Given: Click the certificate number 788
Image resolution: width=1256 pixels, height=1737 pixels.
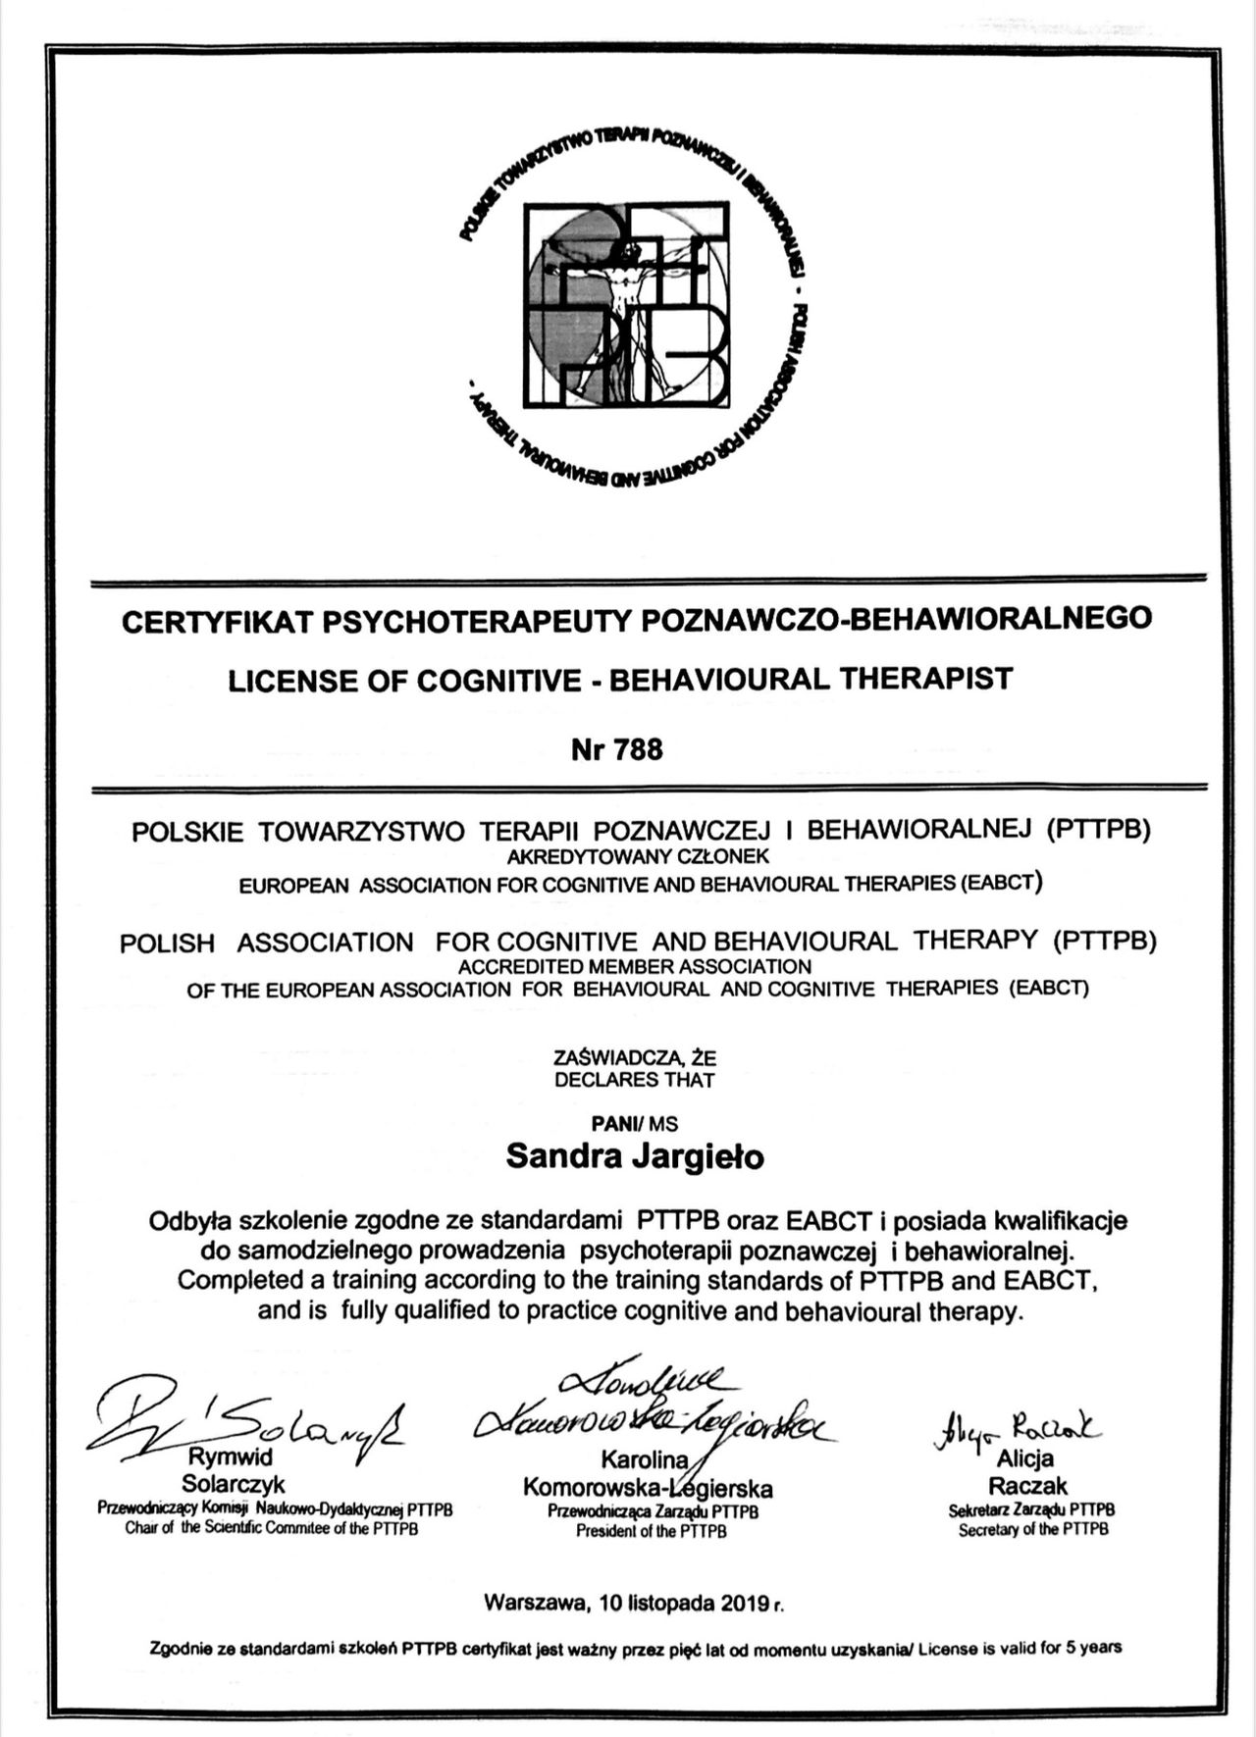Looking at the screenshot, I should [638, 749].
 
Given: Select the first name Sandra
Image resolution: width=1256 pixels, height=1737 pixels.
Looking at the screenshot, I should [552, 1157].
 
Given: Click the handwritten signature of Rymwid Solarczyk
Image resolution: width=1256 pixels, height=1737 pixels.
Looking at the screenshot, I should [245, 1418].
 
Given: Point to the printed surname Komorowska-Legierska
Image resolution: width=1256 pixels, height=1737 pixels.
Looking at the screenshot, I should [648, 1488].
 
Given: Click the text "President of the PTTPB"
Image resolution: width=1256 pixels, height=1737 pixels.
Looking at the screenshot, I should [652, 1531].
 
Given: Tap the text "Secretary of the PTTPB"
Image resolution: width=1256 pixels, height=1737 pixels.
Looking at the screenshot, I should [1033, 1529].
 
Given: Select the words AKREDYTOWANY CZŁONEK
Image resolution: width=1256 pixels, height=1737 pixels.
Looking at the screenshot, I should [638, 857].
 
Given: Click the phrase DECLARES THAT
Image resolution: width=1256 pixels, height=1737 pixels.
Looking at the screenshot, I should [635, 1080].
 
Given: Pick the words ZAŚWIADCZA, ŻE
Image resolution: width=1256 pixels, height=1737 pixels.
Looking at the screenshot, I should [635, 1059].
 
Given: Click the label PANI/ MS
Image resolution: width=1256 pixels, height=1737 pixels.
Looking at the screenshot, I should [635, 1124].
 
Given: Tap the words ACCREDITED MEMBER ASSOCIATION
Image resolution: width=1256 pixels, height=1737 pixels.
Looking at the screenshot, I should [635, 966].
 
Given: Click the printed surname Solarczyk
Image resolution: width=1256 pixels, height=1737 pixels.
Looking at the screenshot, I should [234, 1484].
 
